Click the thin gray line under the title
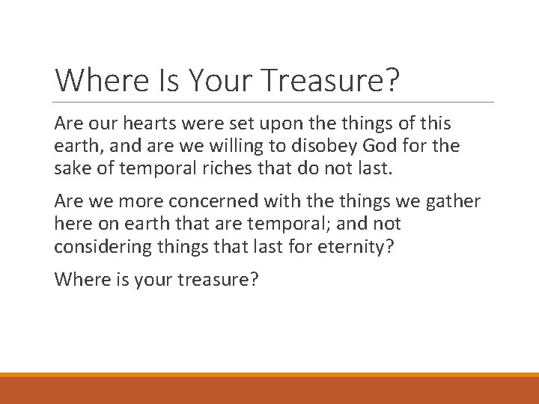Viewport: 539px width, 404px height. click(x=274, y=102)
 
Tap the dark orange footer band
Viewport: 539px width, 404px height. click(x=269, y=391)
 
